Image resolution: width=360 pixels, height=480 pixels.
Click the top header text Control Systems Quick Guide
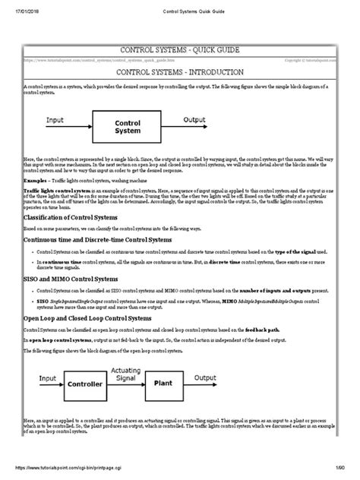180,9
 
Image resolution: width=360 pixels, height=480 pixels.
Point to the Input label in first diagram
55,119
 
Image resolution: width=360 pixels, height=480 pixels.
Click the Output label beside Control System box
198,119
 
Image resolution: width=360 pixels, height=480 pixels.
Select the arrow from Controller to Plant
126,381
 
